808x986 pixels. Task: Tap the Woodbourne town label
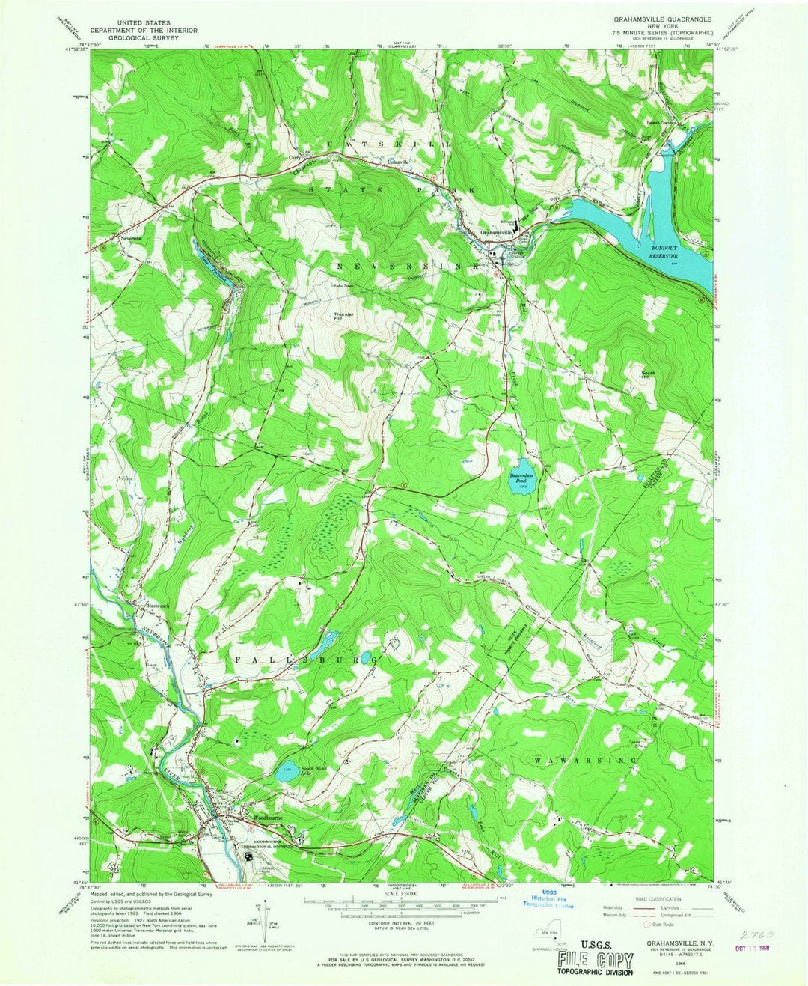(x=267, y=818)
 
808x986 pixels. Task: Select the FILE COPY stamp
(x=595, y=961)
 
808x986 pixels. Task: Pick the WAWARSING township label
(x=585, y=760)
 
